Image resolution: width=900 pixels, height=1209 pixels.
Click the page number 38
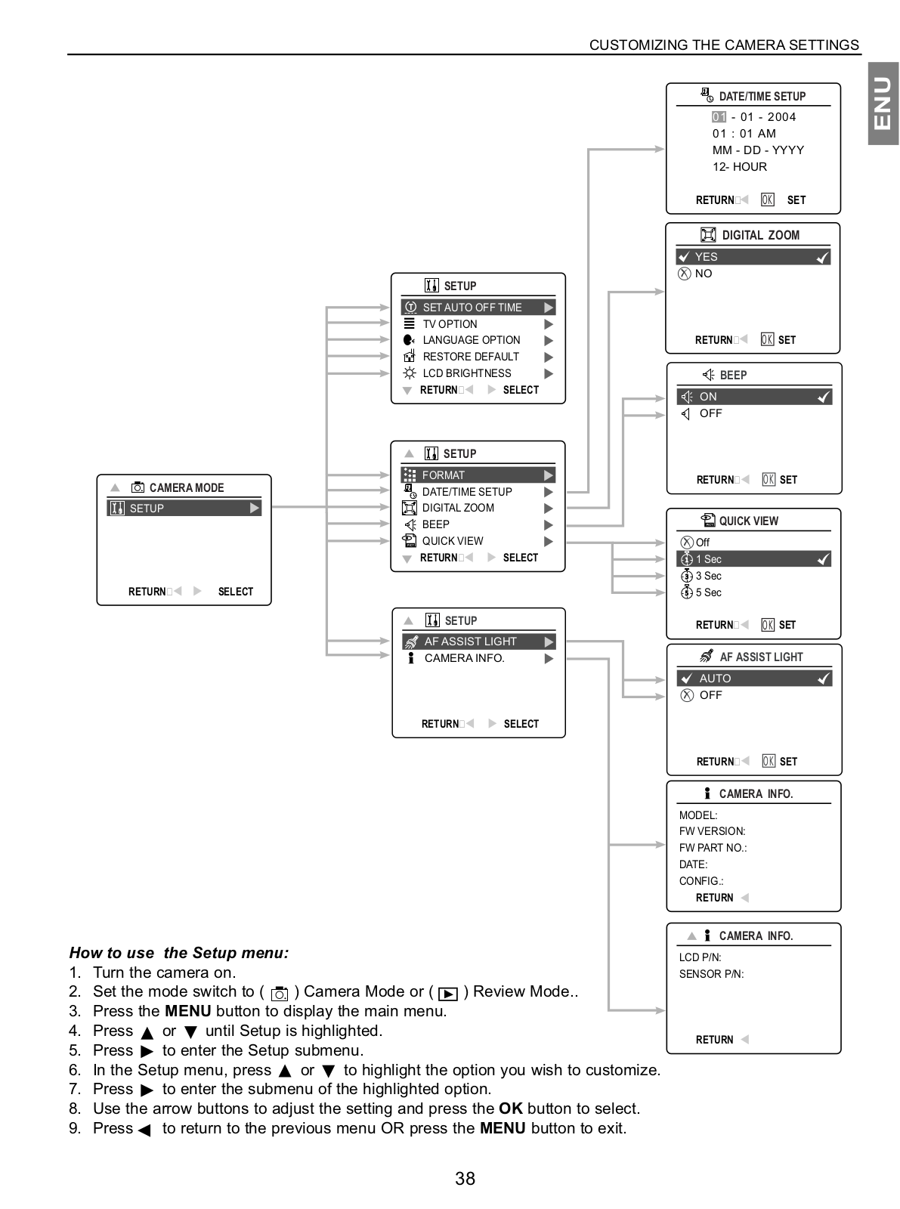[x=465, y=1178]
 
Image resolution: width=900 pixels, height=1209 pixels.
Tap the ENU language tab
[x=883, y=103]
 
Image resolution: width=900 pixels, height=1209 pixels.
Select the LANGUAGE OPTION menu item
[x=471, y=340]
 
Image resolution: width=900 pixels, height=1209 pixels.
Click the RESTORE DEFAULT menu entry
[x=471, y=357]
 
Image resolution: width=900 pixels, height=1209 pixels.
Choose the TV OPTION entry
[x=450, y=323]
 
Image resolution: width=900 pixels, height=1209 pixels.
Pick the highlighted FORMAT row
[x=478, y=475]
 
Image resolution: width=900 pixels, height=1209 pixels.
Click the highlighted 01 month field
[x=719, y=116]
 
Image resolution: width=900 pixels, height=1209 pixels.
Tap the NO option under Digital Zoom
[x=704, y=274]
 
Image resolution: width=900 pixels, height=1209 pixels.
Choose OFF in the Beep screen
[x=710, y=413]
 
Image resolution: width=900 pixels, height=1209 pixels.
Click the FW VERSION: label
[x=712, y=831]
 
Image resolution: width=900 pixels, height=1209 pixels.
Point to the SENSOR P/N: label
[x=711, y=973]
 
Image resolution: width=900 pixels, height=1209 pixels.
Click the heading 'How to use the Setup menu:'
[x=179, y=952]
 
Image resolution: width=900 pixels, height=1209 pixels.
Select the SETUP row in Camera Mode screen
[x=184, y=508]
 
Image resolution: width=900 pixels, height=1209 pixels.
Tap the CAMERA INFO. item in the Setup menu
[x=465, y=658]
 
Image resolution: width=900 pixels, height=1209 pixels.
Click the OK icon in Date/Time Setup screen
[x=767, y=199]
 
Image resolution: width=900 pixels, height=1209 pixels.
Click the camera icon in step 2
[x=279, y=994]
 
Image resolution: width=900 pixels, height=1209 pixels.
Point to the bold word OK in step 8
[x=510, y=1109]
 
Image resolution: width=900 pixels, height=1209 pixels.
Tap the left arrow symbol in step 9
[x=144, y=1130]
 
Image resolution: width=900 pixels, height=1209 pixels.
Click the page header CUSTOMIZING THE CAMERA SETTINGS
[x=724, y=45]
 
